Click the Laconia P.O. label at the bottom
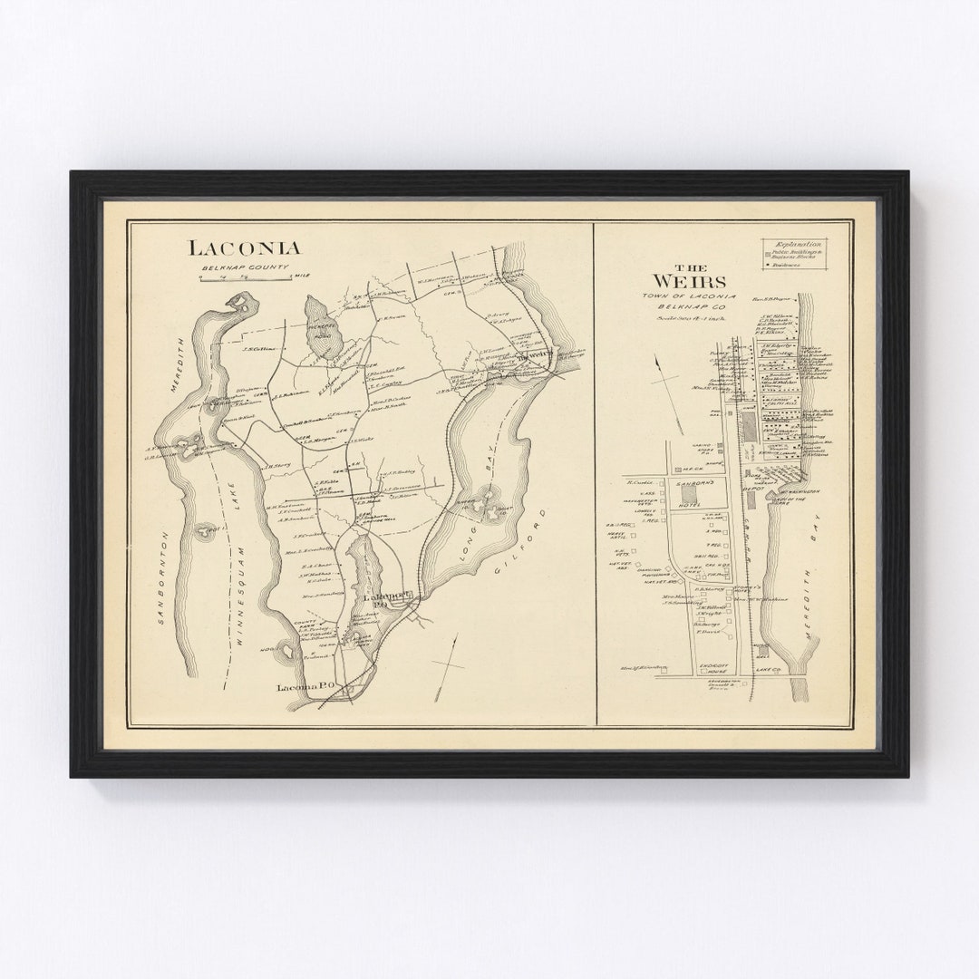304,688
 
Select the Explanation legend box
794,254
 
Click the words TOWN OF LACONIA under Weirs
688,296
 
